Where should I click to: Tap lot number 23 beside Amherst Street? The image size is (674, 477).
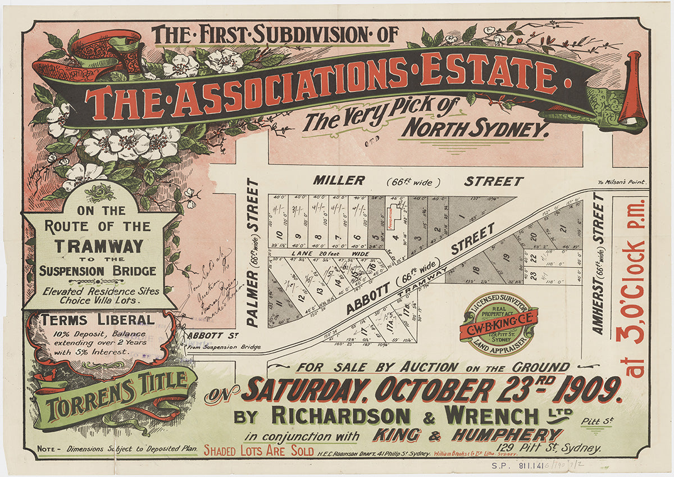534,274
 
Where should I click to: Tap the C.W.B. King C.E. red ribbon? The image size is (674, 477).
499,322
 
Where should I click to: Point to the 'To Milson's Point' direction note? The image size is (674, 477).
622,182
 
